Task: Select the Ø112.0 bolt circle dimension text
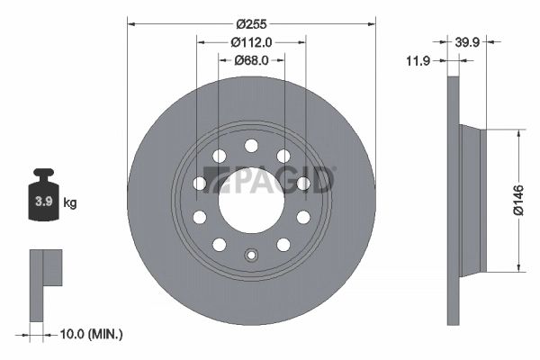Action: click(x=252, y=41)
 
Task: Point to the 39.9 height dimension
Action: click(x=466, y=41)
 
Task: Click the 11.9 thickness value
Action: click(x=417, y=60)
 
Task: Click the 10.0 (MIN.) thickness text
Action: click(x=91, y=334)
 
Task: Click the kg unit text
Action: click(x=70, y=203)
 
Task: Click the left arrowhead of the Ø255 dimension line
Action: click(x=130, y=24)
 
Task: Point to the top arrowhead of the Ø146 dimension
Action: click(x=519, y=131)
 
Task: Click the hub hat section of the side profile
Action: click(x=472, y=199)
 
